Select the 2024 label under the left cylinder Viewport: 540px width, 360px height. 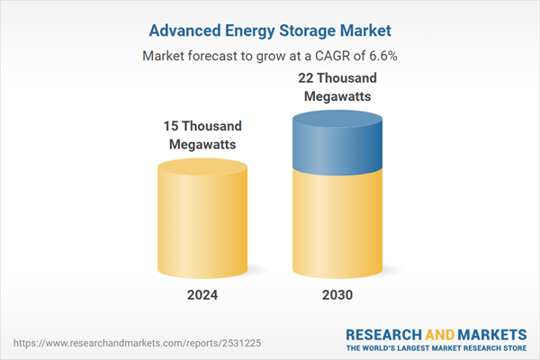tap(202, 295)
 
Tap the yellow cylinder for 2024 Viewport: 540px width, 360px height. tap(202, 225)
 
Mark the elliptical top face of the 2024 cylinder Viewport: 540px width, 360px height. tap(202, 169)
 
